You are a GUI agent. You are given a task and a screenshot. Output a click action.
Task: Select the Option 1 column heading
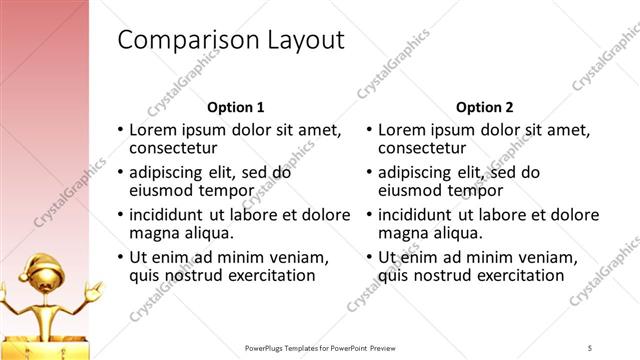(236, 107)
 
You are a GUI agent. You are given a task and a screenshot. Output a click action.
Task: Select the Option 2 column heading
(485, 107)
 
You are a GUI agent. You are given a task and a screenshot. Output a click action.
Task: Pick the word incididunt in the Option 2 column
(418, 214)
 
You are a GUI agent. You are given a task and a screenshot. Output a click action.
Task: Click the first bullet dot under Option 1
(121, 130)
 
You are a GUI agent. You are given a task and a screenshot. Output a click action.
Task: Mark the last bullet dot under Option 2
(370, 257)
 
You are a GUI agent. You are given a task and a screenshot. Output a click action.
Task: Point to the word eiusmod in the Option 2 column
(414, 190)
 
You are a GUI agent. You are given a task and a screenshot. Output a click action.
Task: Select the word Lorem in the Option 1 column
(154, 130)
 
